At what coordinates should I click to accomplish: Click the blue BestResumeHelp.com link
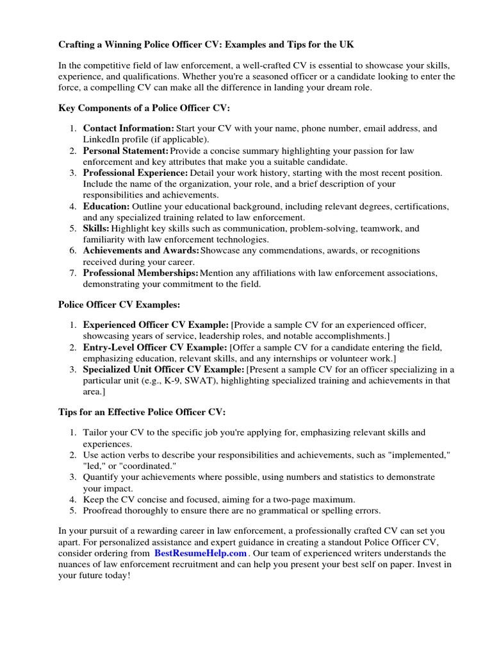201,553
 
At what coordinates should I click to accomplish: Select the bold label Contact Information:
128,128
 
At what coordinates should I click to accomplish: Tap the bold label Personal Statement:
126,151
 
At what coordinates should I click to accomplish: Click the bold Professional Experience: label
135,173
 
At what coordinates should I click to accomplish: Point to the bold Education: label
106,207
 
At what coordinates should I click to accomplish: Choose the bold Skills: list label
96,228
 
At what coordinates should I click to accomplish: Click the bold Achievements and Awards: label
141,250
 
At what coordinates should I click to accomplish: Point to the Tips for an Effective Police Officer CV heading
142,411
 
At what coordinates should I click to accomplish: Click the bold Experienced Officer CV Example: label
156,325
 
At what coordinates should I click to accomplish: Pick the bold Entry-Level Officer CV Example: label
155,347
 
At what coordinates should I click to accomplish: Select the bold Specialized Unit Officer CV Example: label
163,370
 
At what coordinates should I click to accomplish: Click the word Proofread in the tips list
103,511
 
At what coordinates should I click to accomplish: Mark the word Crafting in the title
78,45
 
